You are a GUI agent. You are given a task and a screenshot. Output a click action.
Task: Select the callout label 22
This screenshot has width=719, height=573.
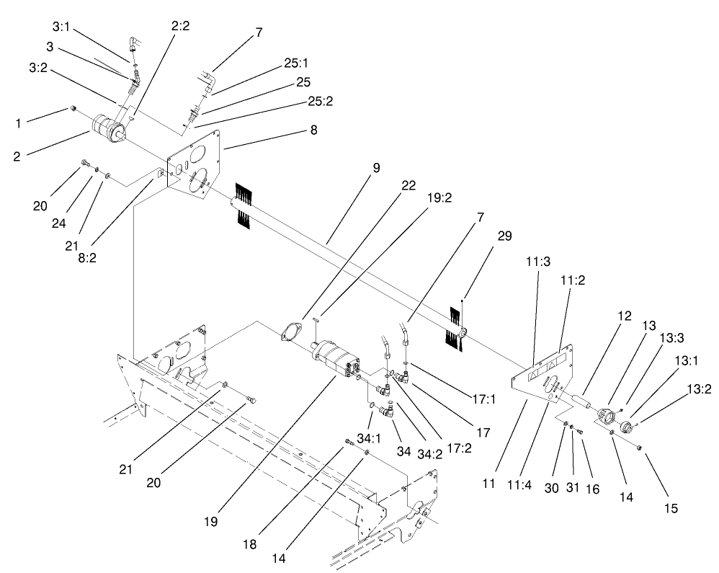point(408,185)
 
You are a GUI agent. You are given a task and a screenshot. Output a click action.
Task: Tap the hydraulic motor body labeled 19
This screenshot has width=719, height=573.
point(335,358)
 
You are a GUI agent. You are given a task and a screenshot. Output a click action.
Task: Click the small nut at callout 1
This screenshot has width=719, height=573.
point(73,109)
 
